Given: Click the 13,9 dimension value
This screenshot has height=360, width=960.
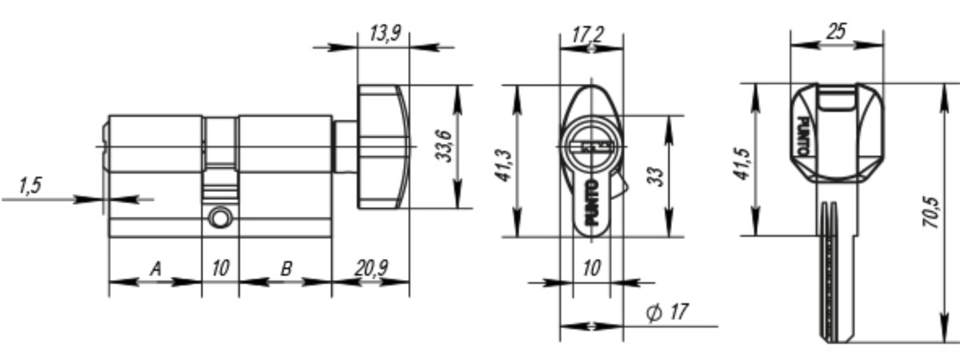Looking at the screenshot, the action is pyautogui.click(x=386, y=34).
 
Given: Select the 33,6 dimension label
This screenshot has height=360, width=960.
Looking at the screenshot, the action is pyautogui.click(x=445, y=146).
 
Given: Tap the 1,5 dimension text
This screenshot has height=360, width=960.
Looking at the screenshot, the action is pyautogui.click(x=30, y=186).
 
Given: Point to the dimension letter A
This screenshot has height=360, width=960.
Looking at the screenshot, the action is pyautogui.click(x=156, y=269).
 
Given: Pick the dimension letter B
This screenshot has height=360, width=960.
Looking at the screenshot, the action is pyautogui.click(x=286, y=269).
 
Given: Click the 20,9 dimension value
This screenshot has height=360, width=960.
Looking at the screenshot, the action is pyautogui.click(x=371, y=269).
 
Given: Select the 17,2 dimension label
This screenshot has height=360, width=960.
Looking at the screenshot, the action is pyautogui.click(x=588, y=34).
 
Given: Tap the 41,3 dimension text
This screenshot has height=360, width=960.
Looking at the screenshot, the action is pyautogui.click(x=505, y=166).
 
